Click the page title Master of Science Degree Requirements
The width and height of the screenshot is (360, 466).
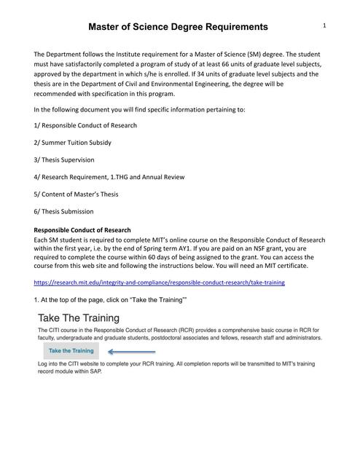point(178,27)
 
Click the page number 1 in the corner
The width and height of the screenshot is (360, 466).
point(323,25)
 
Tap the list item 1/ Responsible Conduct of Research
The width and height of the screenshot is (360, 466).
point(85,125)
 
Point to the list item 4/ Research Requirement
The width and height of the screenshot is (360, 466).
point(109,177)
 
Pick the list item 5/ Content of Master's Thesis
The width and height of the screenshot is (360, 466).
point(82,194)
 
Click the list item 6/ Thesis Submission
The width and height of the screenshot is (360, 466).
point(64,211)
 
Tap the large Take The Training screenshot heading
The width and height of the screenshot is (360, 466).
point(79,318)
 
